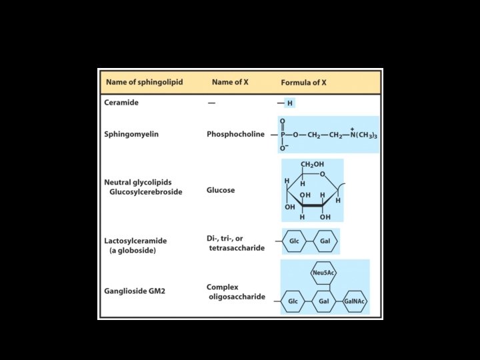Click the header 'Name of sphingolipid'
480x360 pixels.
[143, 83]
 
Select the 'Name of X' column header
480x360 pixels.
[230, 83]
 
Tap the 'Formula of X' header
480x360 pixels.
[304, 83]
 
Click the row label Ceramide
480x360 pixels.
[121, 103]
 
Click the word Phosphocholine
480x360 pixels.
[235, 134]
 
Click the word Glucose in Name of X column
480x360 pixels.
[221, 190]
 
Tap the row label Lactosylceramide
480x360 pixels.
[135, 241]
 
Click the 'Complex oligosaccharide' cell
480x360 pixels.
[236, 292]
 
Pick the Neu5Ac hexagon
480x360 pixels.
[323, 273]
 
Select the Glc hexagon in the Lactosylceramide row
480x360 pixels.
[294, 241]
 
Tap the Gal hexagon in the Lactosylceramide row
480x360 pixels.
[325, 241]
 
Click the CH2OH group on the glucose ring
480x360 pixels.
[312, 165]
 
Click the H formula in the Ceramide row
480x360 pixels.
[289, 103]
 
